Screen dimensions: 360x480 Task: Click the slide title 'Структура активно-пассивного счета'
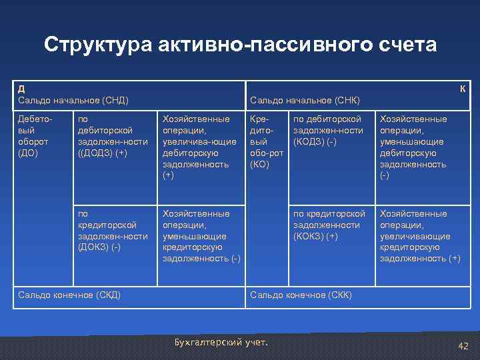pos(240,45)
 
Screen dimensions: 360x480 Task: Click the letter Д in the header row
pos(21,89)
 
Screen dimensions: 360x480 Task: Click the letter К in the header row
pos(462,89)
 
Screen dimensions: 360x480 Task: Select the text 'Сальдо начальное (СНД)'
pos(73,100)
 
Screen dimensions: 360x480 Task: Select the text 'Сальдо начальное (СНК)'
pos(305,100)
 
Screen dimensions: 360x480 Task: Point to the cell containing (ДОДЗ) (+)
pos(113,135)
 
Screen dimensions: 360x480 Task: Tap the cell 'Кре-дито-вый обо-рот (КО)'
pos(267,141)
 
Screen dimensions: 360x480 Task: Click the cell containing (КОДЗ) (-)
pos(329,130)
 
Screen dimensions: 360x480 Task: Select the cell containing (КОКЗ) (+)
pos(329,225)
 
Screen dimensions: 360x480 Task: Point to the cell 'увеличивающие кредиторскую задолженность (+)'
pos(419,236)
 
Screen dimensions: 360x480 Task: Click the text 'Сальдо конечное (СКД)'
pos(69,295)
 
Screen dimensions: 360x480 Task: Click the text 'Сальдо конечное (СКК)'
pos(301,295)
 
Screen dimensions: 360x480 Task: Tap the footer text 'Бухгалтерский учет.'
pos(220,343)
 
